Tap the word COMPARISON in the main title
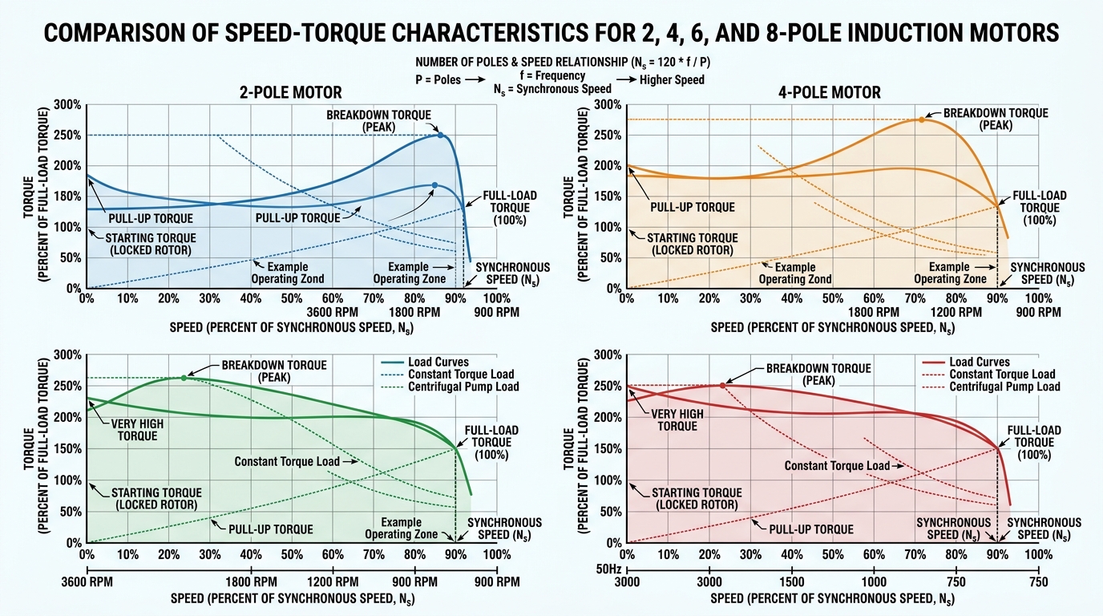click(137, 33)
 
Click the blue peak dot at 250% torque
click(440, 135)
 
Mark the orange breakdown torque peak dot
click(921, 119)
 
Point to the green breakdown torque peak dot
click(184, 377)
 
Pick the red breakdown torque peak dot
click(722, 385)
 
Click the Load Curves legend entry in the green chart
click(438, 362)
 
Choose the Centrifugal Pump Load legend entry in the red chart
click(1004, 387)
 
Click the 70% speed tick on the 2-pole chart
click(374, 298)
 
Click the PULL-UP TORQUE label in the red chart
click(810, 529)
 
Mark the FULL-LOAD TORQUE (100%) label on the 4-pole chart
click(1040, 207)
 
